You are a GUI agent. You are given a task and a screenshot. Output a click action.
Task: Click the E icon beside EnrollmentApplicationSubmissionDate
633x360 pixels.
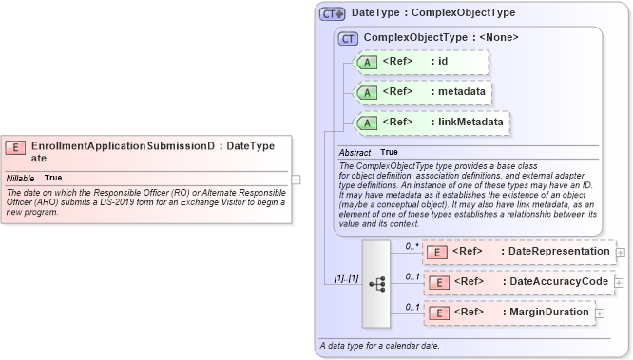pyautogui.click(x=15, y=146)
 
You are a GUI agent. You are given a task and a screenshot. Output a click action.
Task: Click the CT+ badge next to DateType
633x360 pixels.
pyautogui.click(x=332, y=14)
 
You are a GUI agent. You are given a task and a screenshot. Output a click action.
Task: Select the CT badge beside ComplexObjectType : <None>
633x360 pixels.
pyautogui.click(x=348, y=38)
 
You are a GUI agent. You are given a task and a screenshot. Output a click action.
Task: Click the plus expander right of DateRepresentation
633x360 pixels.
pyautogui.click(x=621, y=252)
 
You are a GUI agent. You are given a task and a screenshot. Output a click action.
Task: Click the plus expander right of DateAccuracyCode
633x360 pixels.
pyautogui.click(x=621, y=282)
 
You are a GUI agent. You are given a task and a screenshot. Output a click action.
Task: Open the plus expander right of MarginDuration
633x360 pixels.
pyautogui.click(x=600, y=313)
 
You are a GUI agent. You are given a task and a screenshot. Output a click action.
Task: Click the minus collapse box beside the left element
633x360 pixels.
pyautogui.click(x=296, y=178)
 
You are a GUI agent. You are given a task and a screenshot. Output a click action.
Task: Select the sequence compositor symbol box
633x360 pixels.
pyautogui.click(x=376, y=282)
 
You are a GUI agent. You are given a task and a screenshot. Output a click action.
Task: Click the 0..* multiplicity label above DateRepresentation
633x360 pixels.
pyautogui.click(x=412, y=245)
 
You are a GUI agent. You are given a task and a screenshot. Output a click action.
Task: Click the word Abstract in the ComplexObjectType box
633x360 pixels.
pyautogui.click(x=355, y=152)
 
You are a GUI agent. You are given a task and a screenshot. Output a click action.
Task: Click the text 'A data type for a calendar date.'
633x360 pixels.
pyautogui.click(x=379, y=345)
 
